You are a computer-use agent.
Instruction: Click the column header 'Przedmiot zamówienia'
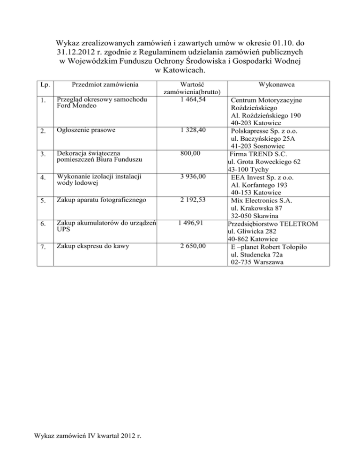101,85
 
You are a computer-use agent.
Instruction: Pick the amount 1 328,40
190,129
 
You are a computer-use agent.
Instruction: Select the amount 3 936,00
190,176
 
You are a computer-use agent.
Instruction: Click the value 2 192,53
190,200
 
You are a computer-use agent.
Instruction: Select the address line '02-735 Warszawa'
257,263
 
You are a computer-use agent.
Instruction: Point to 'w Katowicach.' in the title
180,70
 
